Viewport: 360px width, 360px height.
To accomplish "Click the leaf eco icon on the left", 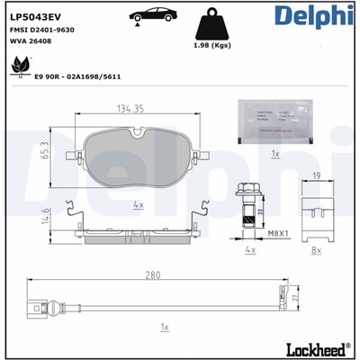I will tap(18, 64).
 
